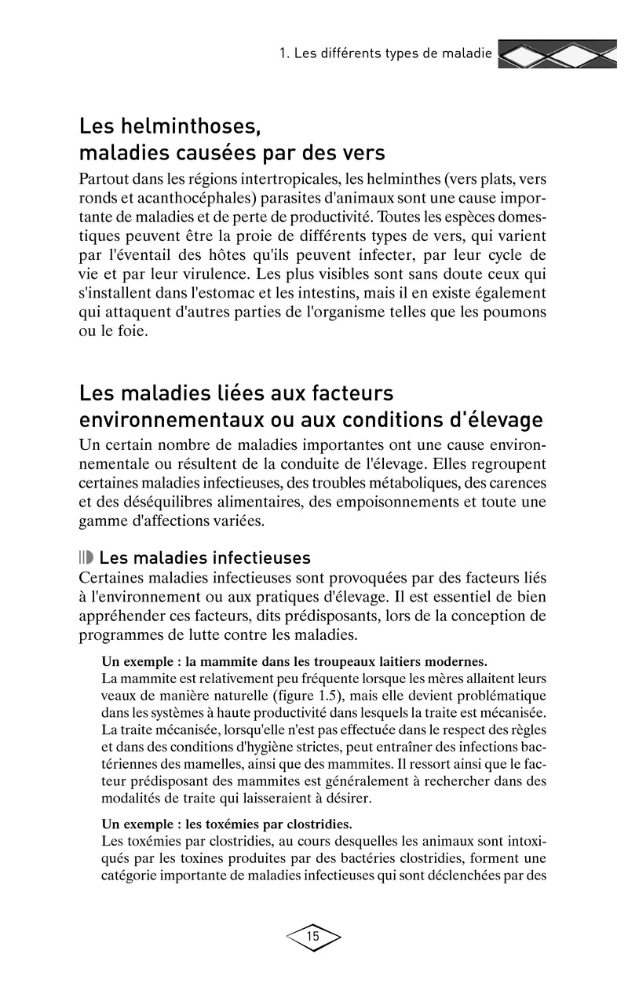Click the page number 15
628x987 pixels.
tap(313, 936)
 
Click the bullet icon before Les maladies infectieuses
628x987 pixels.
tap(86, 558)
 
